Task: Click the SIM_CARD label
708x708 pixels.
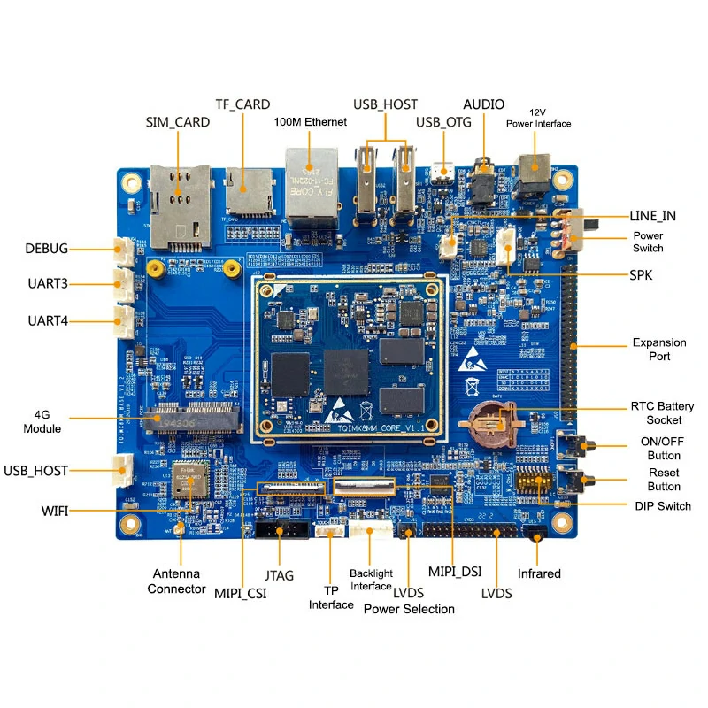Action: coord(177,122)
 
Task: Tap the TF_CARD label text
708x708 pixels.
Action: coord(242,104)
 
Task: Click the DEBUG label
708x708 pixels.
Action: coord(46,249)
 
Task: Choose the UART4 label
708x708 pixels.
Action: coord(48,320)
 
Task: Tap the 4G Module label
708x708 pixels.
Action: coord(47,421)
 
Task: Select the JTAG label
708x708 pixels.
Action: coord(279,574)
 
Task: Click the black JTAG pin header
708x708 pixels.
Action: coord(281,530)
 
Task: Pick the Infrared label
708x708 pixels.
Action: coord(539,573)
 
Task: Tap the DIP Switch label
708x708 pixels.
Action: coord(663,505)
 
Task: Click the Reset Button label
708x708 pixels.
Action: coord(664,480)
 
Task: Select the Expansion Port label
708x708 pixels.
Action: coord(658,350)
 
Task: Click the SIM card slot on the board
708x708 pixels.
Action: coord(180,205)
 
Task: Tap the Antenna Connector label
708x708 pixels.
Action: coord(176,581)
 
